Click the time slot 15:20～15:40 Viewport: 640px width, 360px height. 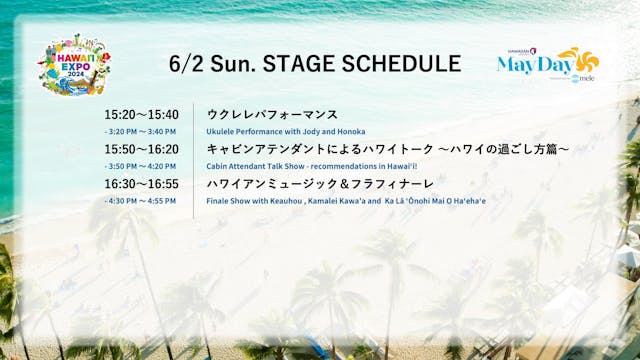(x=141, y=114)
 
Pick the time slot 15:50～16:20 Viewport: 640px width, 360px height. (x=141, y=149)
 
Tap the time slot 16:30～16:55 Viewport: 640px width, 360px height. (x=141, y=184)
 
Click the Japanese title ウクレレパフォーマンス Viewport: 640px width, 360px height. (x=272, y=114)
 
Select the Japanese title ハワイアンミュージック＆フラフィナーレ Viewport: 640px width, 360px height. (x=320, y=184)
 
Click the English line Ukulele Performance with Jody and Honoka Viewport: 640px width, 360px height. (x=286, y=131)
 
